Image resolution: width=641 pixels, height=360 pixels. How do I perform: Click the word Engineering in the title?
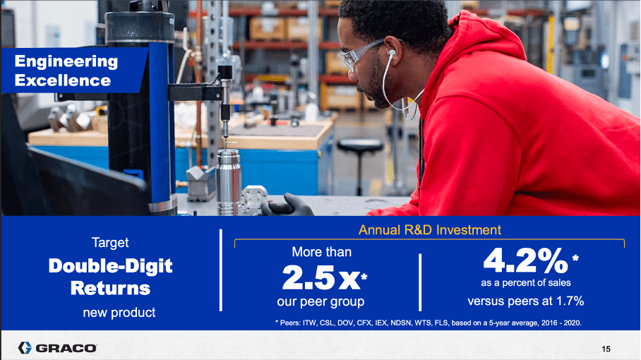click(66, 61)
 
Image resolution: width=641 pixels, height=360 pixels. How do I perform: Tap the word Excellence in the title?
click(63, 80)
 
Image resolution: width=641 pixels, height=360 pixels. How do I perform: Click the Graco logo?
click(58, 348)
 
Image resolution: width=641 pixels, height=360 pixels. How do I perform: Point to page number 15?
click(606, 349)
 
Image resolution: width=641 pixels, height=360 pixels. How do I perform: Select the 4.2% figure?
click(526, 260)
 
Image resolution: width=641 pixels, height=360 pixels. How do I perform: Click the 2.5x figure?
click(321, 278)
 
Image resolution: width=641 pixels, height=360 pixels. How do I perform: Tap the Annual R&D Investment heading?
click(430, 230)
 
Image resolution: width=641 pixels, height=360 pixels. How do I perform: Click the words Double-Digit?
click(110, 266)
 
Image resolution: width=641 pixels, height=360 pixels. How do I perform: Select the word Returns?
click(110, 288)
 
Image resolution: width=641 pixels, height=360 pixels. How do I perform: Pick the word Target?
click(110, 243)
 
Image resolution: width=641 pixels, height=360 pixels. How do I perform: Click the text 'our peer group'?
click(320, 302)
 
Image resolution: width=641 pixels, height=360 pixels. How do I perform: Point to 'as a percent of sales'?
click(526, 283)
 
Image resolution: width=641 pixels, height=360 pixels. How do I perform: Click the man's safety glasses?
click(361, 54)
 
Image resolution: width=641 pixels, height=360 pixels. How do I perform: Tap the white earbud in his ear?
click(392, 54)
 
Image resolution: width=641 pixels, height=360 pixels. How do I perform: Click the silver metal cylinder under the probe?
click(228, 181)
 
